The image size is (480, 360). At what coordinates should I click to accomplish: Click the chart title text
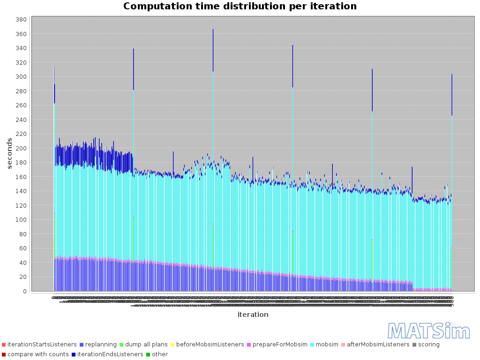(x=240, y=7)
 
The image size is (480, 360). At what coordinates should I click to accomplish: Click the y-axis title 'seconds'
(x=10, y=153)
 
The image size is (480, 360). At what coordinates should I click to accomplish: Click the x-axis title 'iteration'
(x=253, y=315)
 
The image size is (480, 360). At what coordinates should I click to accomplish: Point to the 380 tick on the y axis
(x=20, y=20)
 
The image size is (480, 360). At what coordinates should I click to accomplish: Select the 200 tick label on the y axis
(x=20, y=148)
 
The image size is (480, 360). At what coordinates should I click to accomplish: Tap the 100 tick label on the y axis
(x=20, y=219)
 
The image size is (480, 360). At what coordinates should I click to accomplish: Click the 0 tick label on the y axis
(x=23, y=291)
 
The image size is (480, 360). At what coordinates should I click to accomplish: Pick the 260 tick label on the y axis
(x=20, y=105)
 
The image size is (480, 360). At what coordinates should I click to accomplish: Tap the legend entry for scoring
(x=428, y=345)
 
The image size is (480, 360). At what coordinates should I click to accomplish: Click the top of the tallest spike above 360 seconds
(x=213, y=30)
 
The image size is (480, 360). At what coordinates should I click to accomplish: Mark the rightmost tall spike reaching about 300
(x=452, y=75)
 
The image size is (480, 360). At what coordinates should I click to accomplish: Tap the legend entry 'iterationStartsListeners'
(x=38, y=345)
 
